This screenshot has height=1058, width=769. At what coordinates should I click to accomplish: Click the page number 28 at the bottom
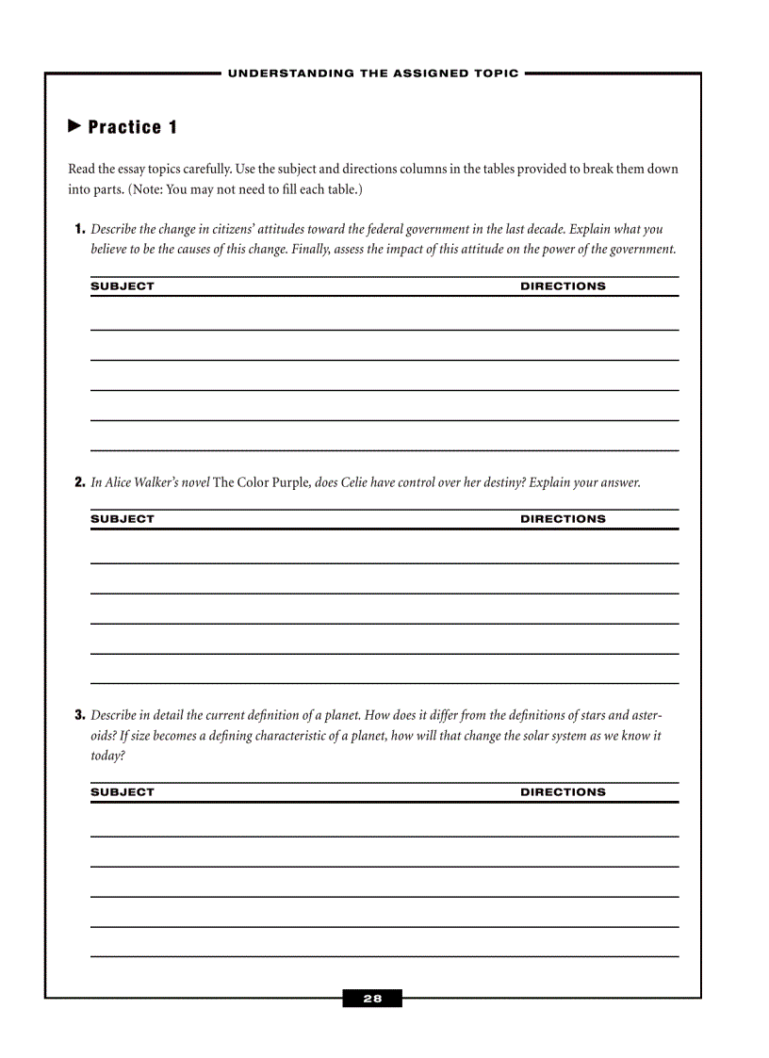point(372,999)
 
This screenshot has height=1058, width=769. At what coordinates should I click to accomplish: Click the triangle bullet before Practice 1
point(75,126)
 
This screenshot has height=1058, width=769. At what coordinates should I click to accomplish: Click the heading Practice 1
point(133,127)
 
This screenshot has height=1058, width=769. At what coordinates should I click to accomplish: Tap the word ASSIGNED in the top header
point(401,73)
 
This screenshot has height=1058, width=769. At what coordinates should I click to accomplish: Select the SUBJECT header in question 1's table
point(123,286)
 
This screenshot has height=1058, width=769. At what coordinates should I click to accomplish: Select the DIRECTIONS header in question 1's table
point(563,286)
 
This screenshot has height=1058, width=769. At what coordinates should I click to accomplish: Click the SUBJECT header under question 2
point(123,519)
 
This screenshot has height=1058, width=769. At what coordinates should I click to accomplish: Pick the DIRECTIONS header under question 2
point(563,519)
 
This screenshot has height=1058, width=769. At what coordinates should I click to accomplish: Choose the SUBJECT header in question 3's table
point(123,792)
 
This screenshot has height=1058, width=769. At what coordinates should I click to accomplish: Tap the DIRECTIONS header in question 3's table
point(563,792)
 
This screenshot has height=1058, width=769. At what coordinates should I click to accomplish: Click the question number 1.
point(80,229)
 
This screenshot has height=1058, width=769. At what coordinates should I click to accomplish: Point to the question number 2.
point(80,482)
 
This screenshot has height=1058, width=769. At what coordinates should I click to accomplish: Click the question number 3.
point(80,715)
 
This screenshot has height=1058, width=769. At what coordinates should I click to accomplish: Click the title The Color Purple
point(262,482)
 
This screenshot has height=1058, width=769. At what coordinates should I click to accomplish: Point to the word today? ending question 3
point(107,757)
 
